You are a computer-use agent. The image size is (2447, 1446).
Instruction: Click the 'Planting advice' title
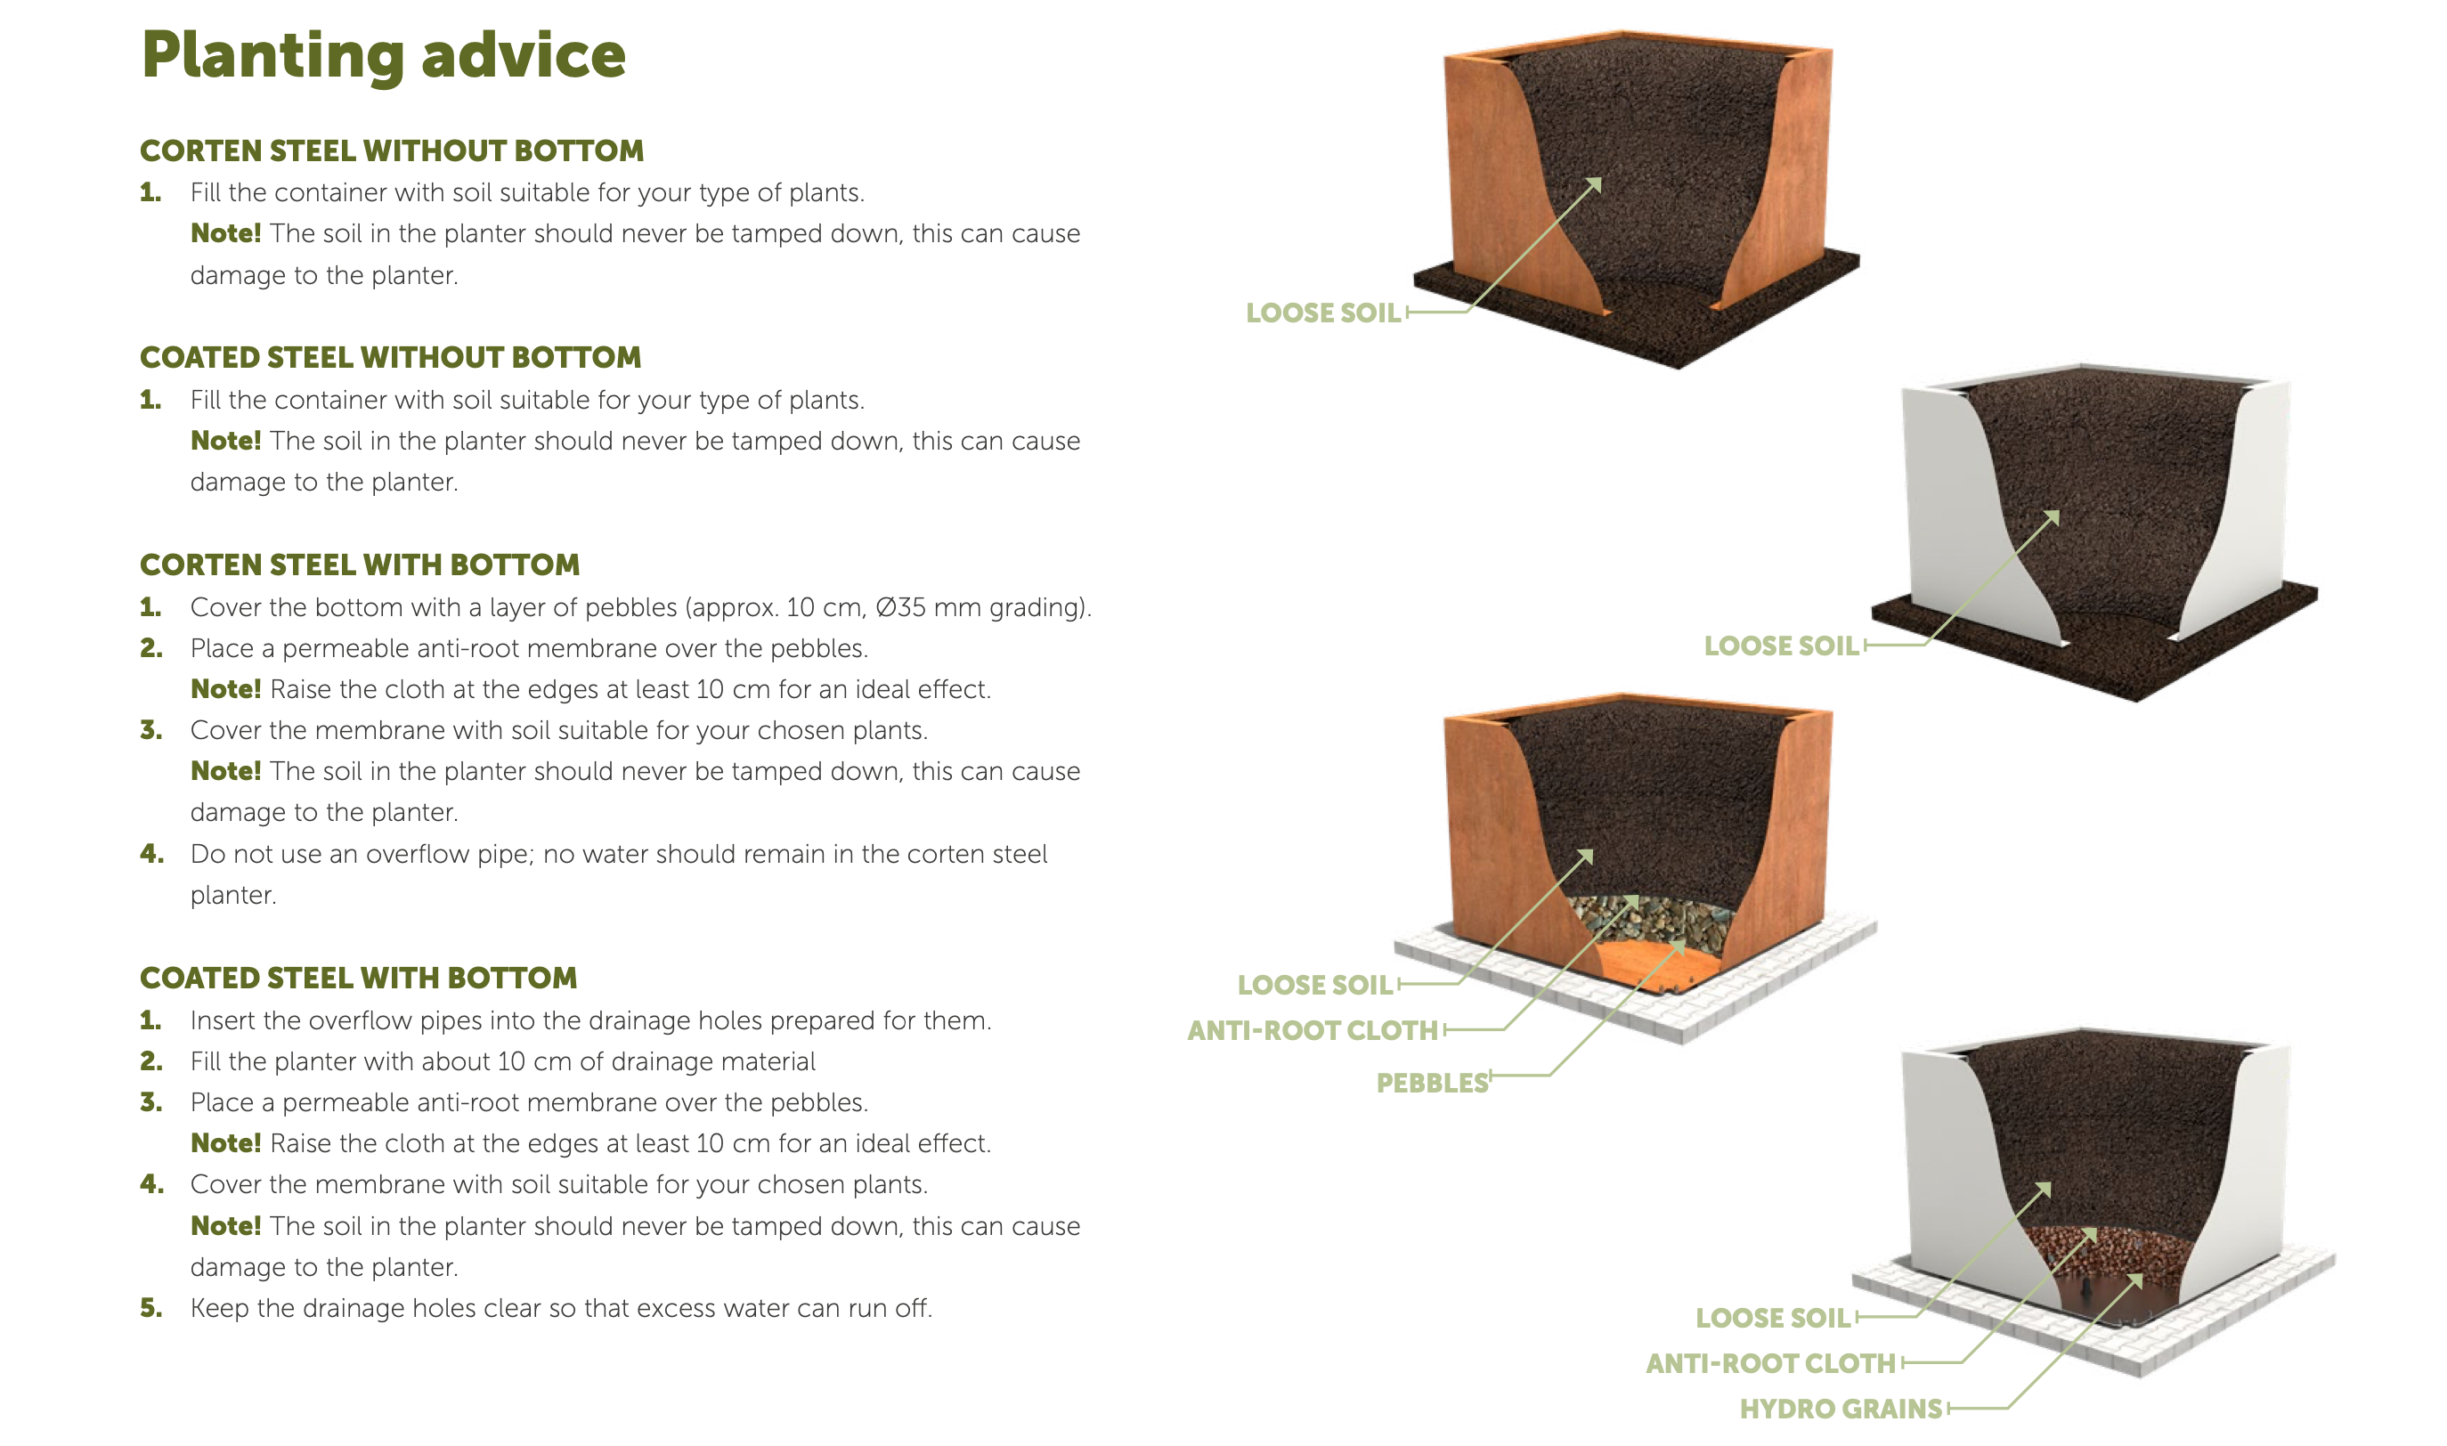pos(383,56)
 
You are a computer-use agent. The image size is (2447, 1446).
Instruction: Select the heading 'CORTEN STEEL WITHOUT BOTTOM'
pos(392,151)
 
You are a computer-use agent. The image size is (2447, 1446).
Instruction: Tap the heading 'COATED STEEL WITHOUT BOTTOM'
pos(390,358)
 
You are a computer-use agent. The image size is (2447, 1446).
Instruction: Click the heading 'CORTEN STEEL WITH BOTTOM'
pos(360,565)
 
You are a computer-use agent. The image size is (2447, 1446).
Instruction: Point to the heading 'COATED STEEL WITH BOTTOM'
pos(359,979)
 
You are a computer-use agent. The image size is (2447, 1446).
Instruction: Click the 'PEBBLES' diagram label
pos(1432,1083)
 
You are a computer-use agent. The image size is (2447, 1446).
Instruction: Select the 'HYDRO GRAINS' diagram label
pos(1841,1409)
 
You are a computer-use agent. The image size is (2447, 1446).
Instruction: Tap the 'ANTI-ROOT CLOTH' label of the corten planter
pos(1312,1030)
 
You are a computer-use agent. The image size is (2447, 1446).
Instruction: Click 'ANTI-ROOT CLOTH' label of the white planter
pos(1769,1363)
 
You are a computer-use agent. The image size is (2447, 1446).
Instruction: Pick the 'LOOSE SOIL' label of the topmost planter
pos(1322,313)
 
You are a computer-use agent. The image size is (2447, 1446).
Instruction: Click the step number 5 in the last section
pos(151,1308)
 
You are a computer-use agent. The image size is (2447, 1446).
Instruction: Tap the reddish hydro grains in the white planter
pos(2110,1252)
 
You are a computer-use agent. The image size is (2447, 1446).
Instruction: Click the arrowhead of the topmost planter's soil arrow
pos(1596,183)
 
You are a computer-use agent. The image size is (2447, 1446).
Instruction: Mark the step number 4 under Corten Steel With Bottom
pos(151,854)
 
